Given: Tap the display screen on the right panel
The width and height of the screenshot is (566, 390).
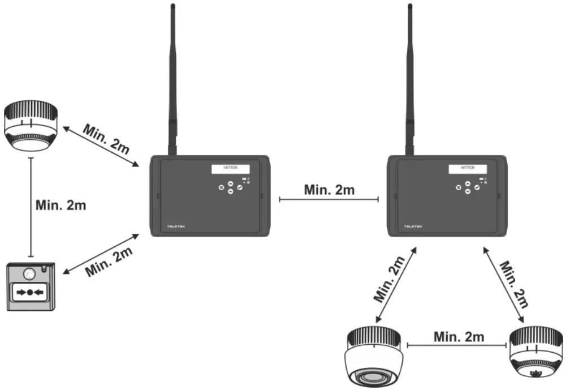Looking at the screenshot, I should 468,169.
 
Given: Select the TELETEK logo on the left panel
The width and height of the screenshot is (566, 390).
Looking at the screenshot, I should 176,226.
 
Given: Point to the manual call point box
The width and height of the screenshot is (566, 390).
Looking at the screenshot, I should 31,286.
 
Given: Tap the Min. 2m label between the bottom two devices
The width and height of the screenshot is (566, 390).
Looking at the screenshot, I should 459,336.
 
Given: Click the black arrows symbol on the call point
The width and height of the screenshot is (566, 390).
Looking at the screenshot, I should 31,293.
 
